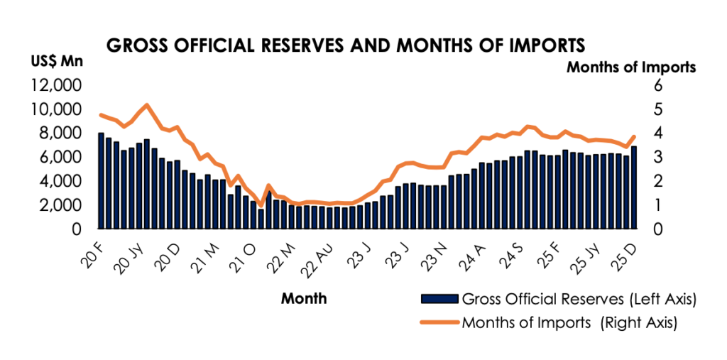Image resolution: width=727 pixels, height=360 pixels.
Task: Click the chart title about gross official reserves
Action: point(345,45)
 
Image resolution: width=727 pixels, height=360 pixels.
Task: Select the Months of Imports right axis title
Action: point(630,67)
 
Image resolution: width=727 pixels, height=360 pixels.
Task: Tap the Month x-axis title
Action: point(304,298)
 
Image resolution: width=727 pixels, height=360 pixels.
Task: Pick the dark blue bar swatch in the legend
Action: point(440,298)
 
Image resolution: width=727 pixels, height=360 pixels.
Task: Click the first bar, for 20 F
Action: point(101,181)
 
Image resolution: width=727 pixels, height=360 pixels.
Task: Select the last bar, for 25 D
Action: point(634,187)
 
